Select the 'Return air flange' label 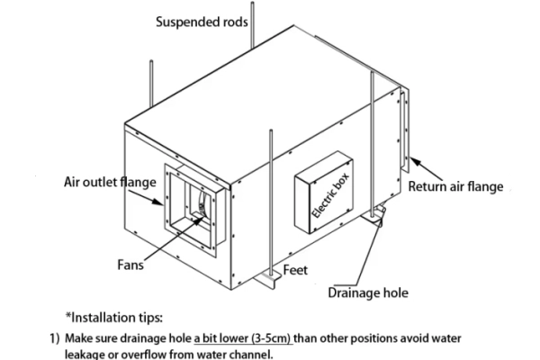[455, 187]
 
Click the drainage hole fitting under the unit [378, 212]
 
